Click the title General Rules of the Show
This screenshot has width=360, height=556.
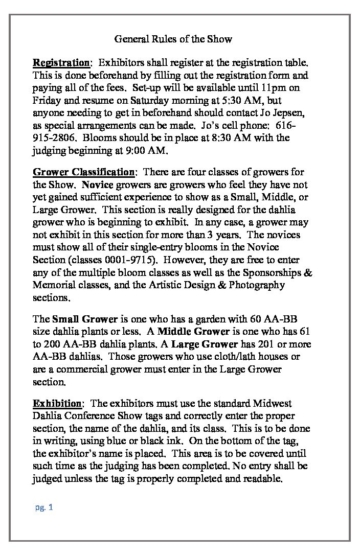tap(173, 39)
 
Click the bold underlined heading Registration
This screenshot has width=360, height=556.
tap(61, 63)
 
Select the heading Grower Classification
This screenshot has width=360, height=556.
tap(84, 172)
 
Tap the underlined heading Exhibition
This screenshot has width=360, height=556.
tap(57, 404)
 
